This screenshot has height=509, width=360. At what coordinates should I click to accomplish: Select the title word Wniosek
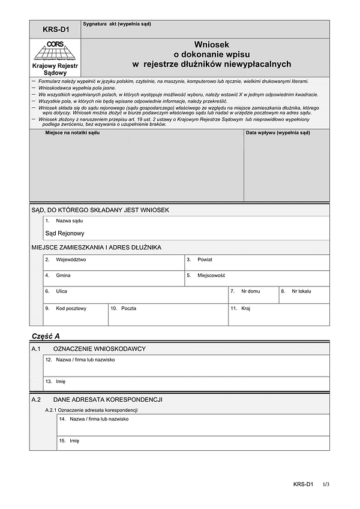[x=211, y=44]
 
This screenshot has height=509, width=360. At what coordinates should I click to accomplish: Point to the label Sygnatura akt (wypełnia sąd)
[x=117, y=24]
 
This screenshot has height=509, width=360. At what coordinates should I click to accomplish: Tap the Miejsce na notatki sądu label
[x=72, y=132]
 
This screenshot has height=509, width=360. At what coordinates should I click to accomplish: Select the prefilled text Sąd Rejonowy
[x=65, y=233]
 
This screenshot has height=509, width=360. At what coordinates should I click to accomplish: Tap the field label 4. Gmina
[x=58, y=276]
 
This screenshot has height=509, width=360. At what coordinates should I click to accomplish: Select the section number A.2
[x=36, y=399]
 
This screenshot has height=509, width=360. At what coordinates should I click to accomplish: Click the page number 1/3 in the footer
[x=326, y=484]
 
